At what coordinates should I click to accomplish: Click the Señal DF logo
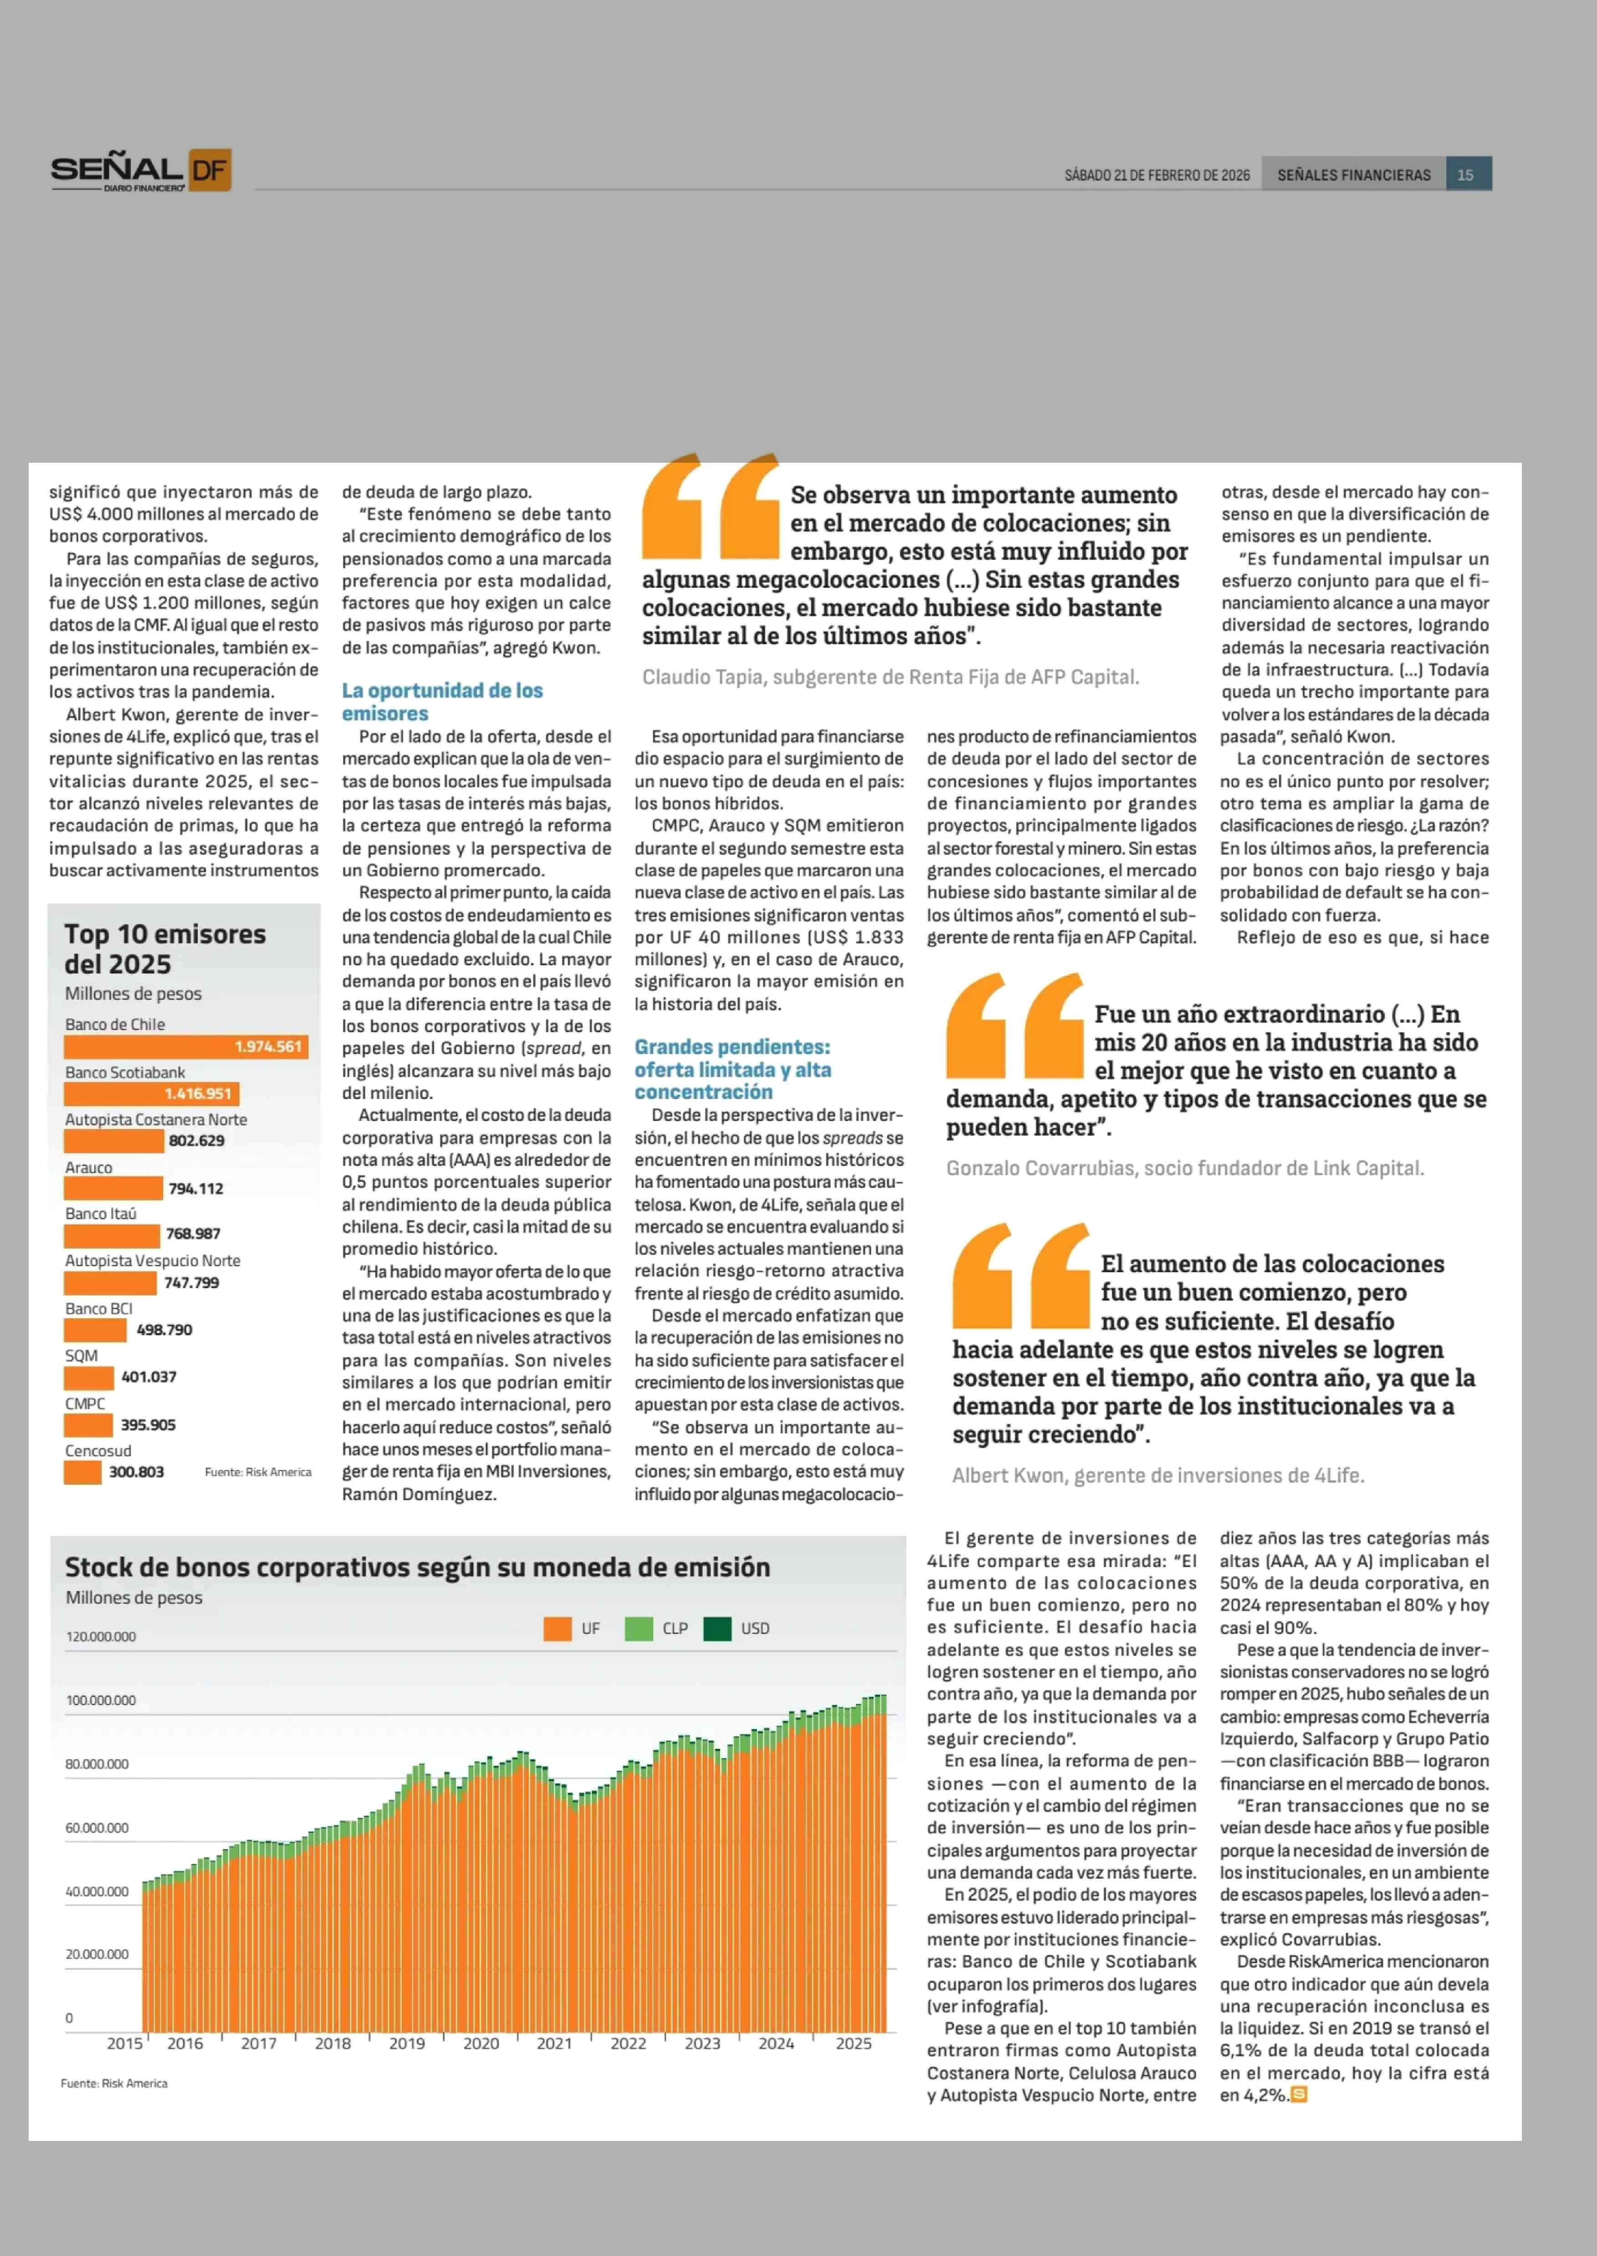[x=141, y=171]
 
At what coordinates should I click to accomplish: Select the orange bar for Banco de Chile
[x=186, y=1047]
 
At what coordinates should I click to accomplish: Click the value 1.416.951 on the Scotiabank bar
[x=198, y=1094]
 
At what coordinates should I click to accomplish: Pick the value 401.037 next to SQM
[x=148, y=1377]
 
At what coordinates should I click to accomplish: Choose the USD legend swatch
[x=717, y=1629]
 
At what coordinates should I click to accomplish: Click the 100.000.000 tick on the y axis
[x=100, y=1700]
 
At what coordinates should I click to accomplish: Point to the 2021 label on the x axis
[x=554, y=2044]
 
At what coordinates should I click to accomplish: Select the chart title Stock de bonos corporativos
[x=417, y=1568]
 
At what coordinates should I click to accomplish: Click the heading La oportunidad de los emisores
[x=442, y=702]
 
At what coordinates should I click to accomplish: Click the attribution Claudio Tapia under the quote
[x=890, y=677]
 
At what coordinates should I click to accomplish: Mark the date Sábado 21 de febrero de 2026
[x=1156, y=175]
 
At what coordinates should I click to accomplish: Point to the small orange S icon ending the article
[x=1298, y=2095]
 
